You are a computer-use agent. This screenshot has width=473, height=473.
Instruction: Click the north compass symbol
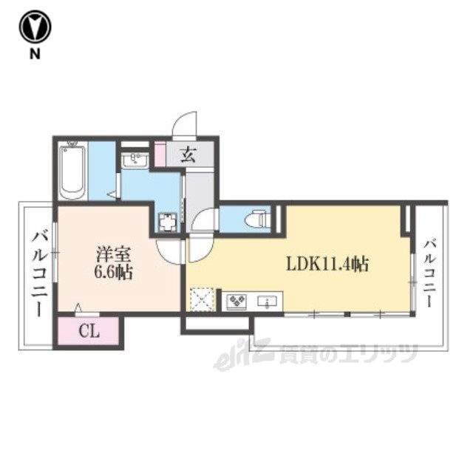click(x=35, y=27)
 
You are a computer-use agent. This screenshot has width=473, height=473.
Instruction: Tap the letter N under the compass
click(x=35, y=54)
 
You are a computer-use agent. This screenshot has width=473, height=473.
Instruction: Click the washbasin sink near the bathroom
click(x=135, y=159)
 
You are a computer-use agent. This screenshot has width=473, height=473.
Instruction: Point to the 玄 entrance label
click(x=188, y=155)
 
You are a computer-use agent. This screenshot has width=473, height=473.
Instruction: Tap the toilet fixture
click(x=257, y=219)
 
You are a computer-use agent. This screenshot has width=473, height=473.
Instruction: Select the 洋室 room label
click(x=113, y=254)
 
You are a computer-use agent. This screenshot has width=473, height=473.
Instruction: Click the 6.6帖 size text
click(x=113, y=273)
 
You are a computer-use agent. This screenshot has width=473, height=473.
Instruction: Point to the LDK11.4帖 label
click(x=327, y=265)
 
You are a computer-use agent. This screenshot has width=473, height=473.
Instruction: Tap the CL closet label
click(x=89, y=332)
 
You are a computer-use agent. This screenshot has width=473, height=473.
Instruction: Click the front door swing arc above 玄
click(x=185, y=124)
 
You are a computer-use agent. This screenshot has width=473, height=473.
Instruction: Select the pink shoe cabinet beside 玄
click(x=160, y=154)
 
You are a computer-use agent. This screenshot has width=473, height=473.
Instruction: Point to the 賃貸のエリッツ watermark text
click(x=348, y=353)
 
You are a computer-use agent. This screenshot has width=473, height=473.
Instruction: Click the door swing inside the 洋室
click(x=169, y=251)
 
